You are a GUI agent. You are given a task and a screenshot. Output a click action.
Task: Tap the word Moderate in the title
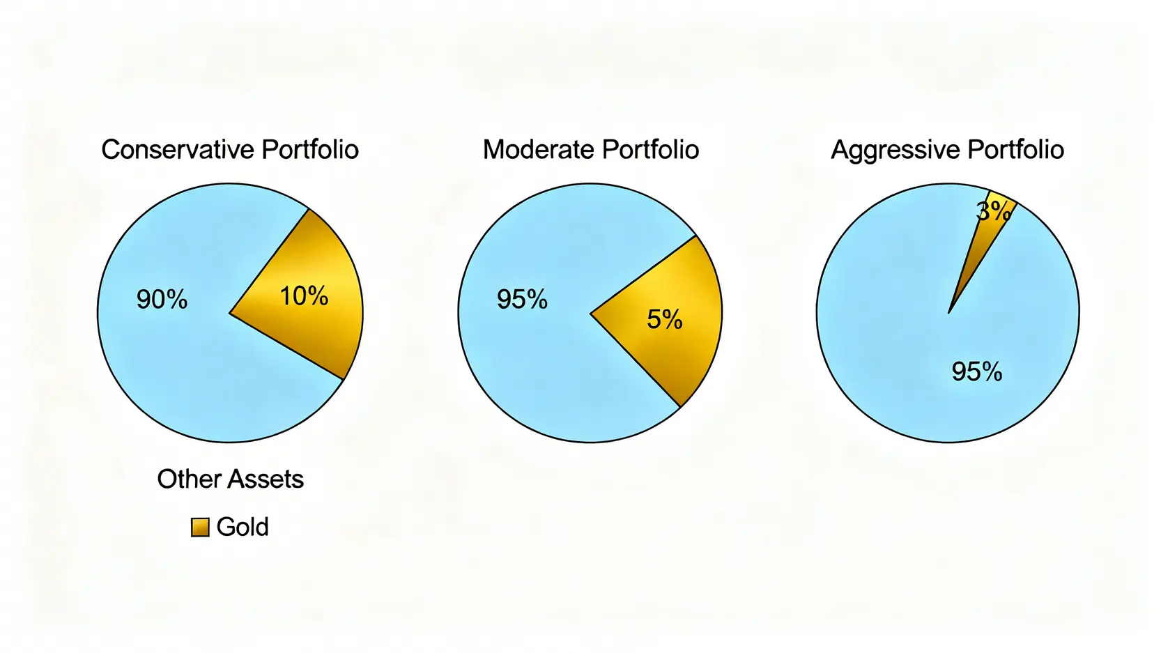tap(538, 150)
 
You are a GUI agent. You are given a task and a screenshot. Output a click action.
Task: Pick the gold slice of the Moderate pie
tap(669, 348)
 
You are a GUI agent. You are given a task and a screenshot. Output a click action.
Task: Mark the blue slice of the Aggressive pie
tap(906, 348)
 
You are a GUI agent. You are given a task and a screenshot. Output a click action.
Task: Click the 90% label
tap(162, 300)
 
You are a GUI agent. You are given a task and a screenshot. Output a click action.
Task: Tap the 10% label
tap(304, 296)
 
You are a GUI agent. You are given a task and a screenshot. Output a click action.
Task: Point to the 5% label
tap(664, 320)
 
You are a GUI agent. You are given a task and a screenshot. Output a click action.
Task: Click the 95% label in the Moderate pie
tap(522, 300)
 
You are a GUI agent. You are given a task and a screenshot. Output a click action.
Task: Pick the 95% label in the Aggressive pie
tap(977, 371)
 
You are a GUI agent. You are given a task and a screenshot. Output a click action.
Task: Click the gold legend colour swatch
tap(200, 528)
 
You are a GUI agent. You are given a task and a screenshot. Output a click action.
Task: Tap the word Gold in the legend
tap(243, 527)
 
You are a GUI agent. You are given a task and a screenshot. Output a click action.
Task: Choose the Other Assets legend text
tap(230, 479)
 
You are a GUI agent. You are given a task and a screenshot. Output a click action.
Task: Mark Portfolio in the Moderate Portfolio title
tap(650, 150)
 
